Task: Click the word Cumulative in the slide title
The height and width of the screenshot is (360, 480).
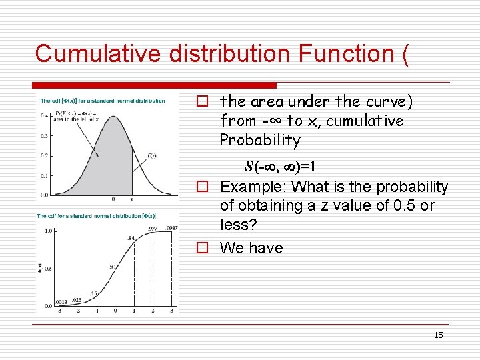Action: tap(98, 53)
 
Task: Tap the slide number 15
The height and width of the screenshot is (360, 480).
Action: tap(438, 335)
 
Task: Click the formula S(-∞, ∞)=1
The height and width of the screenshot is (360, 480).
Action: tap(280, 165)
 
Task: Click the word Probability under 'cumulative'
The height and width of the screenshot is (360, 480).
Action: tap(260, 141)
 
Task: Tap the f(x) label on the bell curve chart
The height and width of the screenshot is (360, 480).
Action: tap(152, 156)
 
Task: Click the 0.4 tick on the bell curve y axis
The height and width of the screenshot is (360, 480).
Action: tap(44, 115)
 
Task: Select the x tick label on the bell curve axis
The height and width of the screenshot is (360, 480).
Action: tap(131, 199)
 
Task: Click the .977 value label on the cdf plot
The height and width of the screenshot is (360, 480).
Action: tap(153, 228)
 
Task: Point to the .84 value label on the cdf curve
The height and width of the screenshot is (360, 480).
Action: tap(131, 237)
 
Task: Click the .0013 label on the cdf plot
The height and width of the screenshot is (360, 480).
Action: tap(61, 302)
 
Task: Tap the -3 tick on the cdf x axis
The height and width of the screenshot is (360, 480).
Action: tap(59, 311)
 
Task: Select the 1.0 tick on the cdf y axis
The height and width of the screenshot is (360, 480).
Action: tap(48, 231)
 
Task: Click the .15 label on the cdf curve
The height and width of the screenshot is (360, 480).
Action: tap(93, 293)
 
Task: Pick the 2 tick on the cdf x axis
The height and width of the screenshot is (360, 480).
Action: tap(153, 311)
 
